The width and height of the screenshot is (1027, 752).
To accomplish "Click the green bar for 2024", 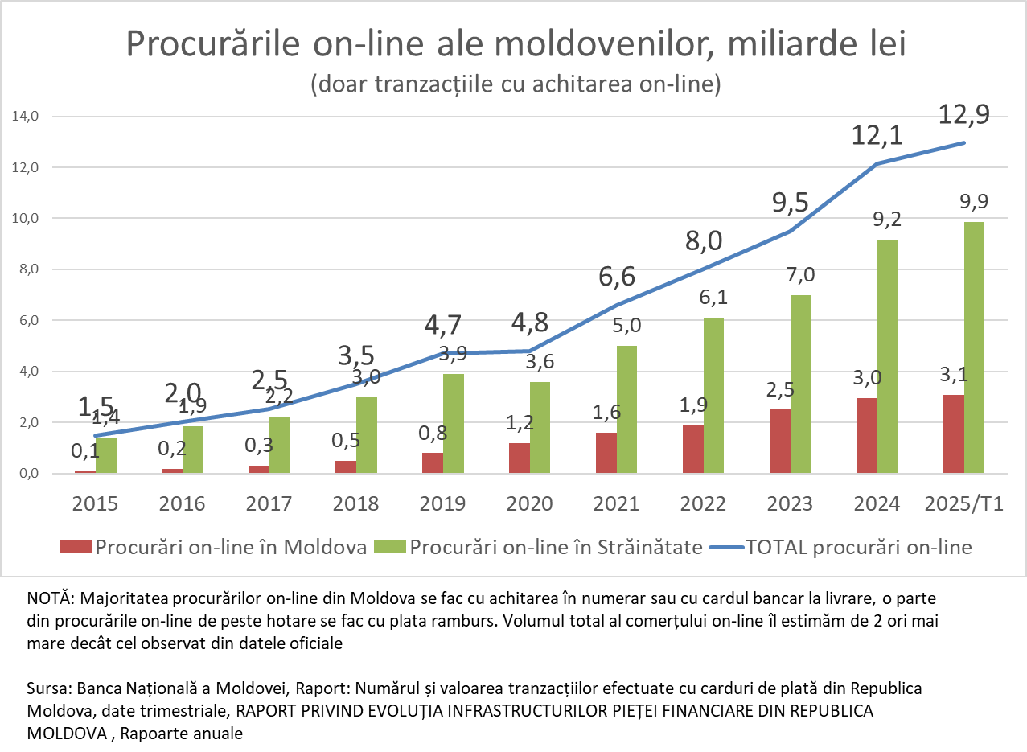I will [x=887, y=356].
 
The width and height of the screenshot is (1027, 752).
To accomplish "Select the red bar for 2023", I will [x=779, y=442].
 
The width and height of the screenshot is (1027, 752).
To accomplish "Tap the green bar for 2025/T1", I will [x=974, y=347].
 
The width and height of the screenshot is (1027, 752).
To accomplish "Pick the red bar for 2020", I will [x=519, y=458].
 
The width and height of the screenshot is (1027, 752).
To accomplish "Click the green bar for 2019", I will [x=453, y=423].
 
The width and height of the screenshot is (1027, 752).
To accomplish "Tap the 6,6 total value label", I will [x=617, y=277].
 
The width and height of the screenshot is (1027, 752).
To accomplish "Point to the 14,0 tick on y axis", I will [x=26, y=117].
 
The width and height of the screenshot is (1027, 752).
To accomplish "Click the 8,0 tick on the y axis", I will [x=28, y=269].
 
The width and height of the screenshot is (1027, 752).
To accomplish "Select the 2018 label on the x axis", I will [x=355, y=504].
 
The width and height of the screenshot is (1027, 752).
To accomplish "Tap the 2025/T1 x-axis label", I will [x=964, y=504].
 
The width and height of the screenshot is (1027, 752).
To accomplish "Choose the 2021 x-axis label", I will [x=616, y=504].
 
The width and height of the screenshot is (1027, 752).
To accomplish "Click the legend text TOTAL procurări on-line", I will [x=859, y=548].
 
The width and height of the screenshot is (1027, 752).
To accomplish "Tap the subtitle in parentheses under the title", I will [x=515, y=84].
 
